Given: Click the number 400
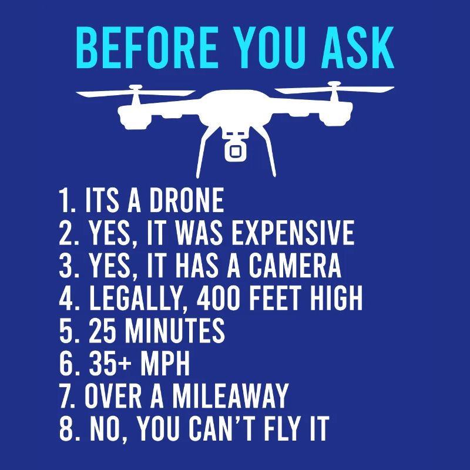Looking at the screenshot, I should (225, 298).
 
